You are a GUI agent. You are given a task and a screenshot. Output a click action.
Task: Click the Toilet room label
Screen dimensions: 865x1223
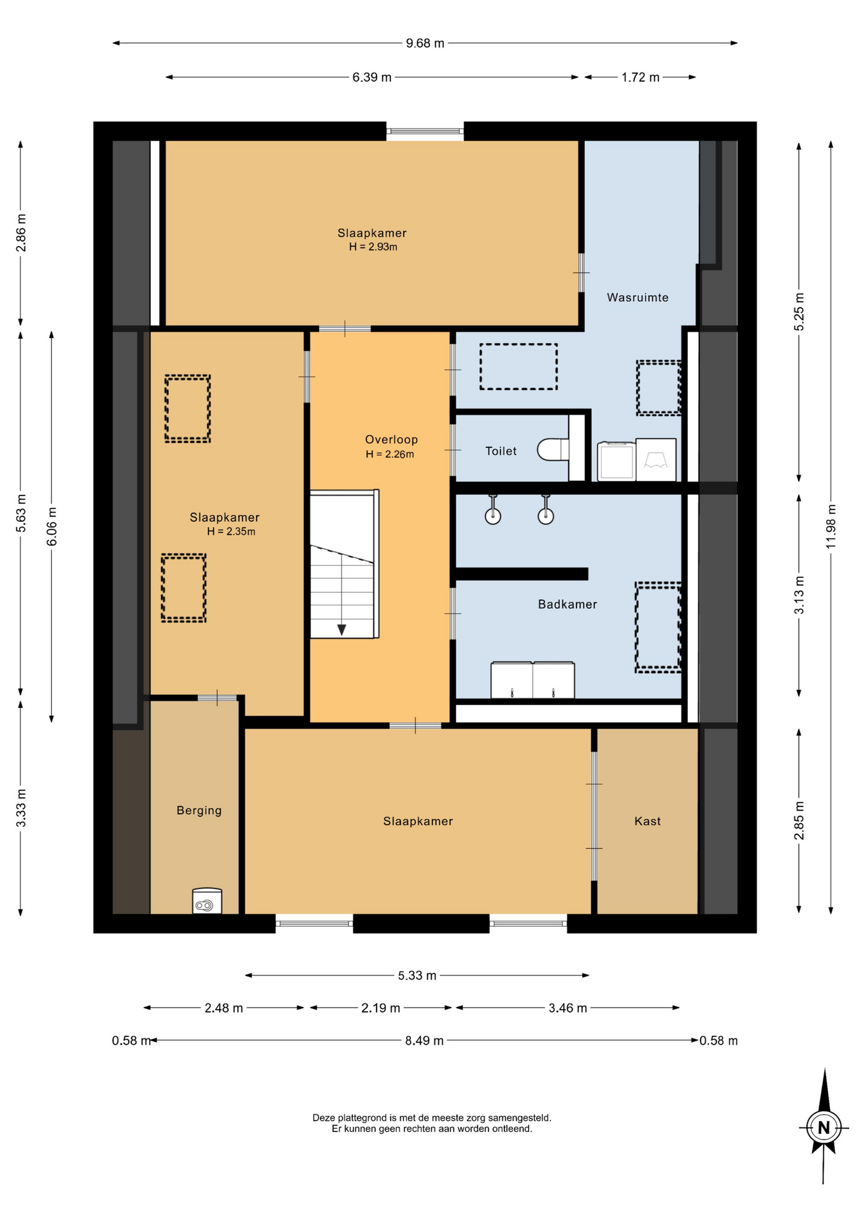501,451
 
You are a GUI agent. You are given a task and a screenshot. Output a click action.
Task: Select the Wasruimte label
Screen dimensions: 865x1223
638,297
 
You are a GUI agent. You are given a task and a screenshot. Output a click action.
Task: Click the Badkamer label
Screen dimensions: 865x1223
568,604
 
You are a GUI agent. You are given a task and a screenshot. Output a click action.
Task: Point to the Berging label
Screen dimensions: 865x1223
199,810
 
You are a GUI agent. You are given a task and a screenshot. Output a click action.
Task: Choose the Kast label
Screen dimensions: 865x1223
647,821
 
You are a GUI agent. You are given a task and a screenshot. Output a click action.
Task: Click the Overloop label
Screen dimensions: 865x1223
391,440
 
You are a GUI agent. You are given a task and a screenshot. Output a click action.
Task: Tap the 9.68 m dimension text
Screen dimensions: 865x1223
425,43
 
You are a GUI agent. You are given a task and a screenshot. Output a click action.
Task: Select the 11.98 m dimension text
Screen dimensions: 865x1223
831,526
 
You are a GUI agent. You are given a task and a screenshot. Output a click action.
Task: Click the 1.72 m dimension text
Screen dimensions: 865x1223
640,77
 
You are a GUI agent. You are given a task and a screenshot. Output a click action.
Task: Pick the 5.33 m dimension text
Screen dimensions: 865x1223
417,975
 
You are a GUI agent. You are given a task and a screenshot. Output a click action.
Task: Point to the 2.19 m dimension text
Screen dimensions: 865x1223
380,1008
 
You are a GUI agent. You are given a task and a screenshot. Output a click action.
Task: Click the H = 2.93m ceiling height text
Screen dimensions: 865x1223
373,247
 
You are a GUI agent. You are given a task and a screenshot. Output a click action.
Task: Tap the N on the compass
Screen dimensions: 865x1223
824,1127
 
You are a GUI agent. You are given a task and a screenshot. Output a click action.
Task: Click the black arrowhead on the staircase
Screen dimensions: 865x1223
341,630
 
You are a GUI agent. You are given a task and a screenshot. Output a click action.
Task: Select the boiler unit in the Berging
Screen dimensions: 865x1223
207,901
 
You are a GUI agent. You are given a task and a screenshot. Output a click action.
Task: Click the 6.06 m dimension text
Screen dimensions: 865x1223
52,526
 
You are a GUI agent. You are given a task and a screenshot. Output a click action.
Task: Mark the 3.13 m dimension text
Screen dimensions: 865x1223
799,595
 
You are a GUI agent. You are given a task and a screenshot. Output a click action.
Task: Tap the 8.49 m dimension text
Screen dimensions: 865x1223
424,1040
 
